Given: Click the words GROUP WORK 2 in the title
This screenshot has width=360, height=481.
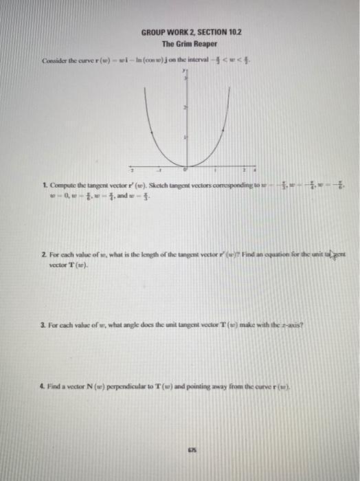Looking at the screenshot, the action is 164,32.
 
